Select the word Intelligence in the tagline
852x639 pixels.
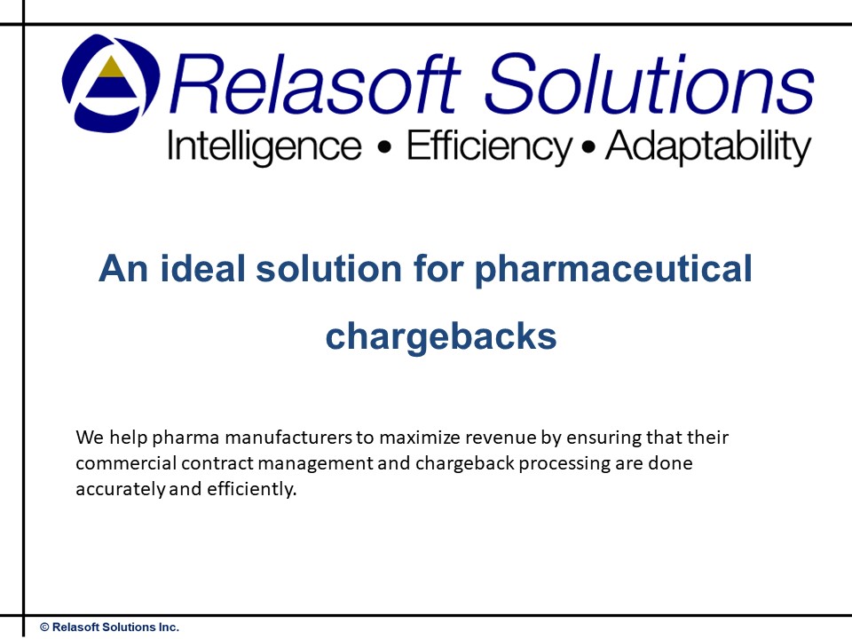[264, 147]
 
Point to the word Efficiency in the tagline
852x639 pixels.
[489, 147]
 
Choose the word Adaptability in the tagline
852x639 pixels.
[707, 147]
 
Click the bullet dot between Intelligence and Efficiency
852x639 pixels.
[383, 149]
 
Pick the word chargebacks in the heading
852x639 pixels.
[441, 336]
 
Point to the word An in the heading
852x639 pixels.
[121, 268]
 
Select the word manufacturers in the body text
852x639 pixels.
[276, 438]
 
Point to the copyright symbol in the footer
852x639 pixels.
[44, 627]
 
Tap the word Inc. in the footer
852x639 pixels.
[167, 627]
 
